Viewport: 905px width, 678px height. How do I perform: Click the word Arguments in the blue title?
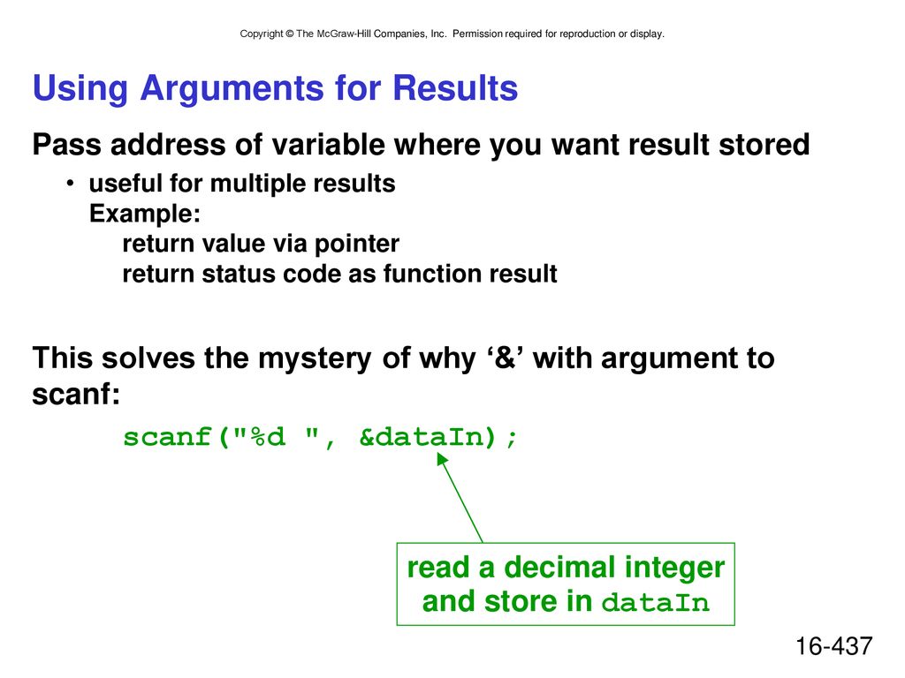pos(232,89)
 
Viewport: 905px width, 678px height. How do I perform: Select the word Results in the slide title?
pos(455,88)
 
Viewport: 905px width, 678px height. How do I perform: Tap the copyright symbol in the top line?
pos(289,34)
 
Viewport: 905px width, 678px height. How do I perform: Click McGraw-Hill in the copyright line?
pos(344,34)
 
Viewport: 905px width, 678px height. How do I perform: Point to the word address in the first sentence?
pos(168,144)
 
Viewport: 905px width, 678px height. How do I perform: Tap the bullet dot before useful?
pos(71,184)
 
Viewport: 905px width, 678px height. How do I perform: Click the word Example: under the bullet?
pos(145,214)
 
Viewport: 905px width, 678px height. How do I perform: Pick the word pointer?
pos(357,245)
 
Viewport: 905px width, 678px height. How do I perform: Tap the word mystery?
pos(315,359)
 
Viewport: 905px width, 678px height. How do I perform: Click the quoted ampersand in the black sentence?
pos(505,358)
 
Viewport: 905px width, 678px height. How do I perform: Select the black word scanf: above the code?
pos(76,395)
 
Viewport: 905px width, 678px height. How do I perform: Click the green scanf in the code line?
pos(167,436)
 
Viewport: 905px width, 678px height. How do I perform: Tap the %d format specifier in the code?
pos(268,436)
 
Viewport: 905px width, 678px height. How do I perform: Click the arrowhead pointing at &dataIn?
pos(442,458)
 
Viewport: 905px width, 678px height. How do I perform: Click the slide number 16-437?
pos(834,646)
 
